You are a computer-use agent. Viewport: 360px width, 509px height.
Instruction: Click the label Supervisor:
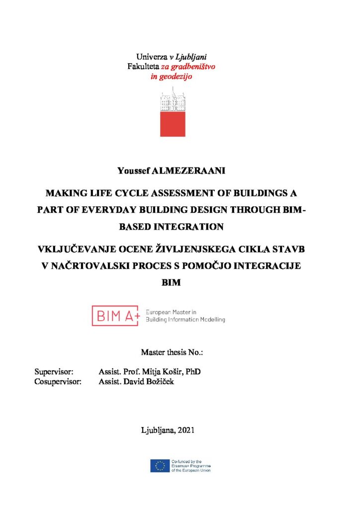(54, 372)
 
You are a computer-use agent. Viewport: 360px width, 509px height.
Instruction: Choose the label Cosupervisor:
(58, 381)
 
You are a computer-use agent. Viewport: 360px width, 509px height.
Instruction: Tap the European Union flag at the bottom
(160, 466)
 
